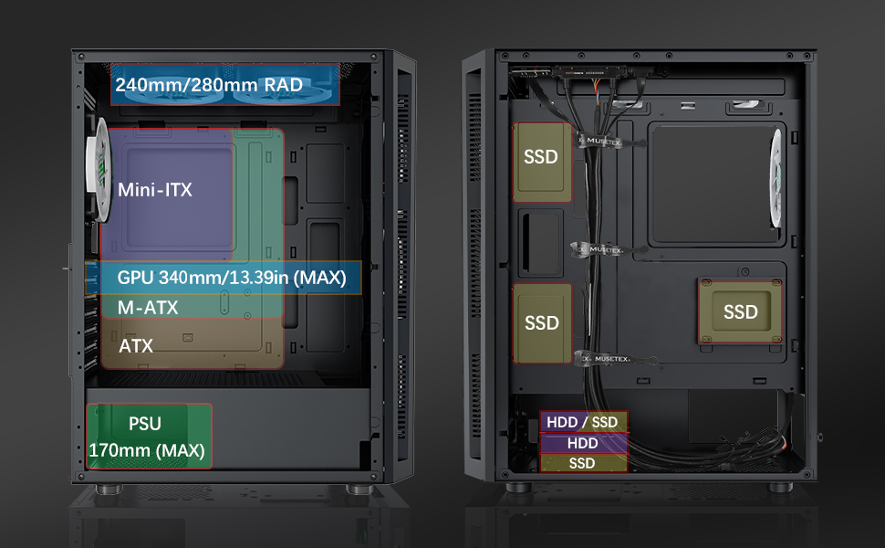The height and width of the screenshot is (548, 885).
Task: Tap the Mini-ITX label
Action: click(x=155, y=190)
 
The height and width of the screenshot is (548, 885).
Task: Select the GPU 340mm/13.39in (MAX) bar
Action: click(x=232, y=278)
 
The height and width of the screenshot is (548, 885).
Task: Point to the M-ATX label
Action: click(x=148, y=308)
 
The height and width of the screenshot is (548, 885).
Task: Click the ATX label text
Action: click(x=136, y=347)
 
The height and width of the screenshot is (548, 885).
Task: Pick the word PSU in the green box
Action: click(x=145, y=424)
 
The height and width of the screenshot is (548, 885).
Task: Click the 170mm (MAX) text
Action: click(x=147, y=450)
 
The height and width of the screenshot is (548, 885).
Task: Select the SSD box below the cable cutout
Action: click(x=541, y=323)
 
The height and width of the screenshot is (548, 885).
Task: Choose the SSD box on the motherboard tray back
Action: click(x=740, y=311)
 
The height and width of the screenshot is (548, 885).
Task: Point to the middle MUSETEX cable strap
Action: click(x=599, y=249)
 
